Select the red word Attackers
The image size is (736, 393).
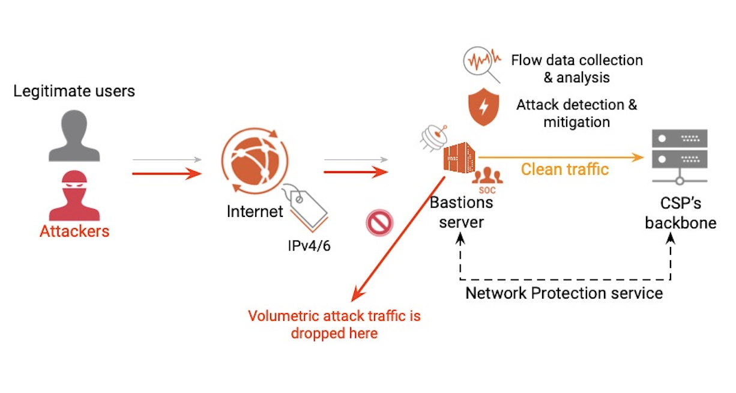74,231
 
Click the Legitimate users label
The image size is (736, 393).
74,91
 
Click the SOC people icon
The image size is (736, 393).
487,177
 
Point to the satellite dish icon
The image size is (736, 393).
435,138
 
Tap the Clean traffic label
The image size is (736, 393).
564,169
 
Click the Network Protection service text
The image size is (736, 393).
564,293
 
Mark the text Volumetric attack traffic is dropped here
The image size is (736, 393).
334,324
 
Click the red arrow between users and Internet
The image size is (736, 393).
166,174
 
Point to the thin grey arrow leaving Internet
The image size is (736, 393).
355,160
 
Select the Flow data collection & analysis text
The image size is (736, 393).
576,69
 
